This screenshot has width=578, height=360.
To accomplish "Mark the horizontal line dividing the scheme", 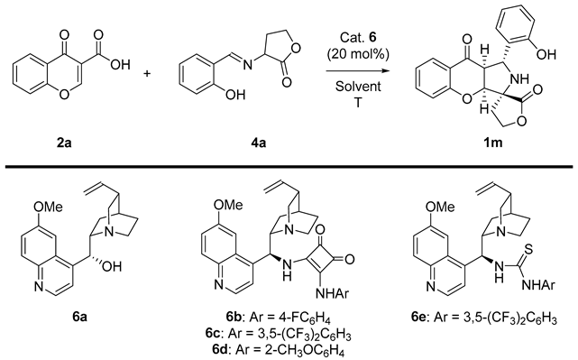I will coord(289,166).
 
